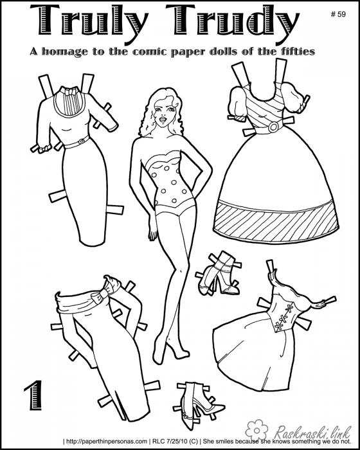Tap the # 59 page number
click(338, 14)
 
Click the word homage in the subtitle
click(64, 52)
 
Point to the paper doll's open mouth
click(163, 119)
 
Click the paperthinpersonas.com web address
click(107, 442)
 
